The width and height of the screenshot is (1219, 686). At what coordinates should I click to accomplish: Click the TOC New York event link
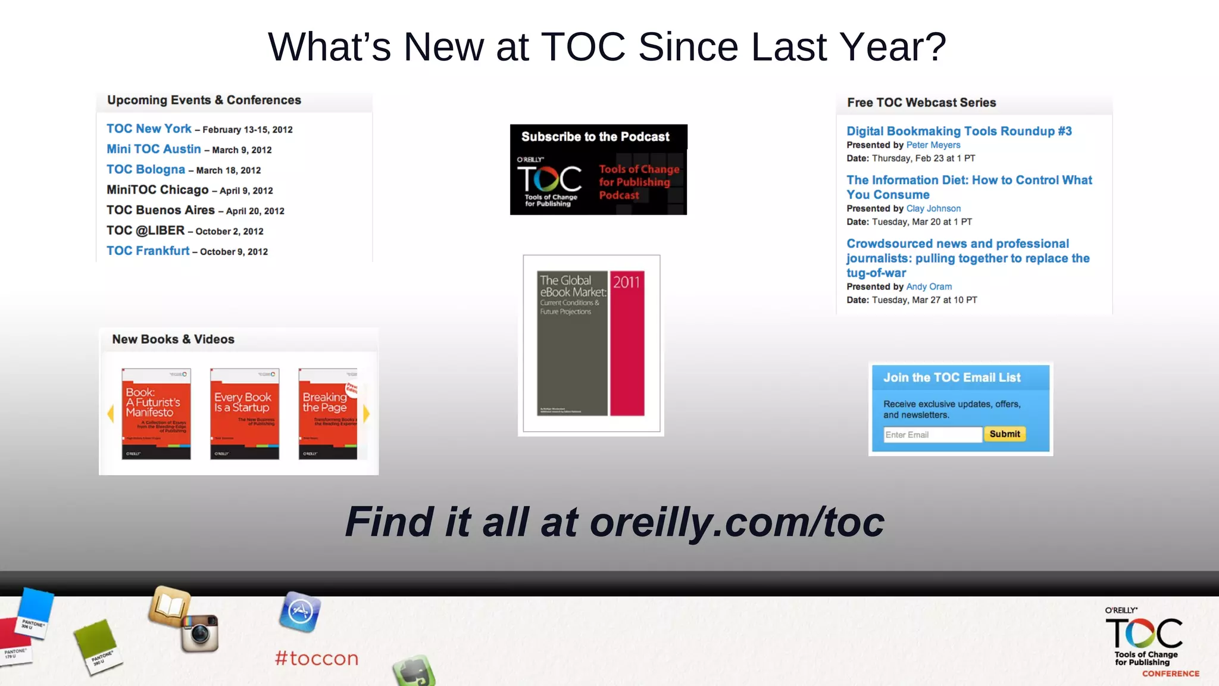149,129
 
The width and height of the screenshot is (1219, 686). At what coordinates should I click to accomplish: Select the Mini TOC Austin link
154,149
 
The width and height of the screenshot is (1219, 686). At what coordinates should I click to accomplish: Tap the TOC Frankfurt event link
148,251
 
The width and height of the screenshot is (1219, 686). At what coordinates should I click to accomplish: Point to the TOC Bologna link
146,169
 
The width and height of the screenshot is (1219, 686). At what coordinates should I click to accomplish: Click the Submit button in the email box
1004,434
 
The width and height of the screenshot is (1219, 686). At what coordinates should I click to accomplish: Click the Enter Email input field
932,435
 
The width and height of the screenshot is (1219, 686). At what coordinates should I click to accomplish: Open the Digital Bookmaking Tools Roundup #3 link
959,131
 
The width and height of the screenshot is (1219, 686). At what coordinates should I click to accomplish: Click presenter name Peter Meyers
933,145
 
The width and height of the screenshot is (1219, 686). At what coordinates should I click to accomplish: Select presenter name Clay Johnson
933,208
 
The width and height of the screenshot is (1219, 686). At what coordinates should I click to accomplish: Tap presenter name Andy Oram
929,286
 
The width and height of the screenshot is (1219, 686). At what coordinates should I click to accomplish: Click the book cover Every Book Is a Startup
244,414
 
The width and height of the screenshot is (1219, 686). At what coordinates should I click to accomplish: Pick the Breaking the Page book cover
328,414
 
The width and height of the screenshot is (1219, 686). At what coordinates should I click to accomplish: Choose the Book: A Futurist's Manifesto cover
156,414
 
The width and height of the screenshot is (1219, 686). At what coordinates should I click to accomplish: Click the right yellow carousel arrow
366,413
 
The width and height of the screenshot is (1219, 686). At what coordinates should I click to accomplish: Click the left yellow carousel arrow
110,413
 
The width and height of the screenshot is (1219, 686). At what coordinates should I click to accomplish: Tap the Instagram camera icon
200,632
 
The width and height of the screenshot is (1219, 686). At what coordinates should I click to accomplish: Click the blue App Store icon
300,612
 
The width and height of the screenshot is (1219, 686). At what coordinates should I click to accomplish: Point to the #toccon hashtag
317,658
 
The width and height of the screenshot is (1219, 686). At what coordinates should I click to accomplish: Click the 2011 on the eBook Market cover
626,282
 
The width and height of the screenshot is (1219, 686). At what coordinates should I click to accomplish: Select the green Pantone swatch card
97,646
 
